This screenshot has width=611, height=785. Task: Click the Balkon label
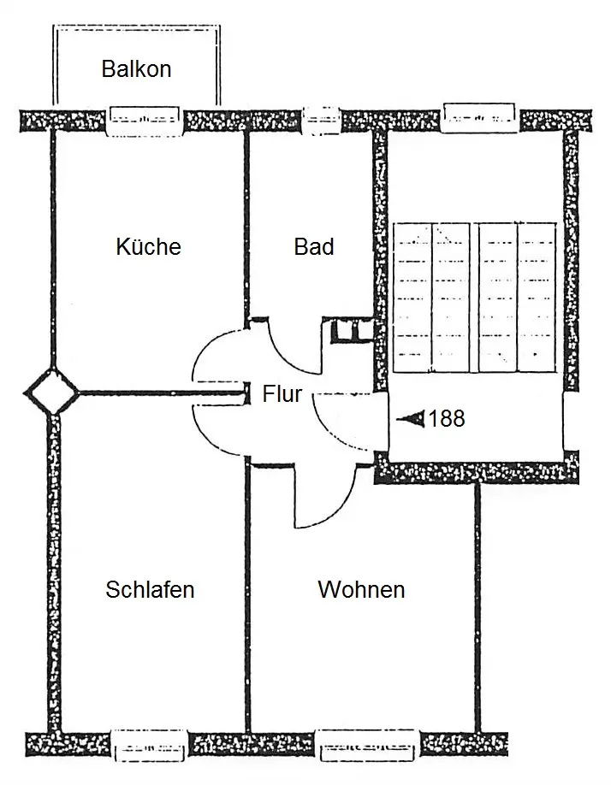[x=136, y=68]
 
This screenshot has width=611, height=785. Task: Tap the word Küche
[x=148, y=246]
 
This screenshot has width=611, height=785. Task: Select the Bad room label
[x=314, y=247]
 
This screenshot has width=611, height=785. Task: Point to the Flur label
[x=282, y=394]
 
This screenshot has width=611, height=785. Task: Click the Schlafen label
[x=150, y=589]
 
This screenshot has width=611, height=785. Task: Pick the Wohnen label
[x=362, y=589]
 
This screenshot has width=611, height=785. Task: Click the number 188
[x=447, y=418]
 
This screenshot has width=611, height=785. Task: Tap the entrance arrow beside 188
[x=411, y=418]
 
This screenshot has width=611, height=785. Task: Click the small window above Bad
[x=321, y=121]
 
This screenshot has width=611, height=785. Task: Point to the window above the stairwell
[x=480, y=118]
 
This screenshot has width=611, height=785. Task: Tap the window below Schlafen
[x=149, y=745]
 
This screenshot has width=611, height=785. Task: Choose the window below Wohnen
[x=367, y=745]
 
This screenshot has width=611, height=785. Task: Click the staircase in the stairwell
[x=475, y=298]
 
